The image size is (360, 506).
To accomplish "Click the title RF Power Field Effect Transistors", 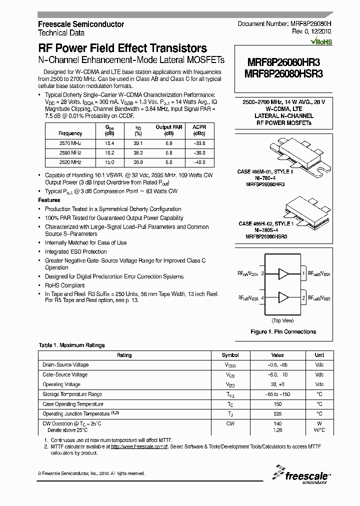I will point(122,48).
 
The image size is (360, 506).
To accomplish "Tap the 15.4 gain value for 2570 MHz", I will point(109,143).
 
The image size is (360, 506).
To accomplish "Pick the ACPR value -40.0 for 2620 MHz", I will point(199,162).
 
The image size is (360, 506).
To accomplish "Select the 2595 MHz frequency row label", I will point(70,152).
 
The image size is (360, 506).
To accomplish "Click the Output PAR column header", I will point(169,127).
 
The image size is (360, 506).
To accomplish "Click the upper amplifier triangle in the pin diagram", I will point(283,273).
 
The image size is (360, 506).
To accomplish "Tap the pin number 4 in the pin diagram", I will point(262,297).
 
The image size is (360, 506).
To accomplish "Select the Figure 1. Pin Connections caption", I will point(283,331).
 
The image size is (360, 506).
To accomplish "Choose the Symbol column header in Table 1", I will point(230,355).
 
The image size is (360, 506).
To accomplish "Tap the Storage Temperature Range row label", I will point(72,394).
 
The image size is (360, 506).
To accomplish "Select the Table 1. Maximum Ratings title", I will point(71,345).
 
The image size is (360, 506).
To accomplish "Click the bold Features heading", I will point(49,200).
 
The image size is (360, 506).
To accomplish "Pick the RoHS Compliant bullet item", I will point(65,285).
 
